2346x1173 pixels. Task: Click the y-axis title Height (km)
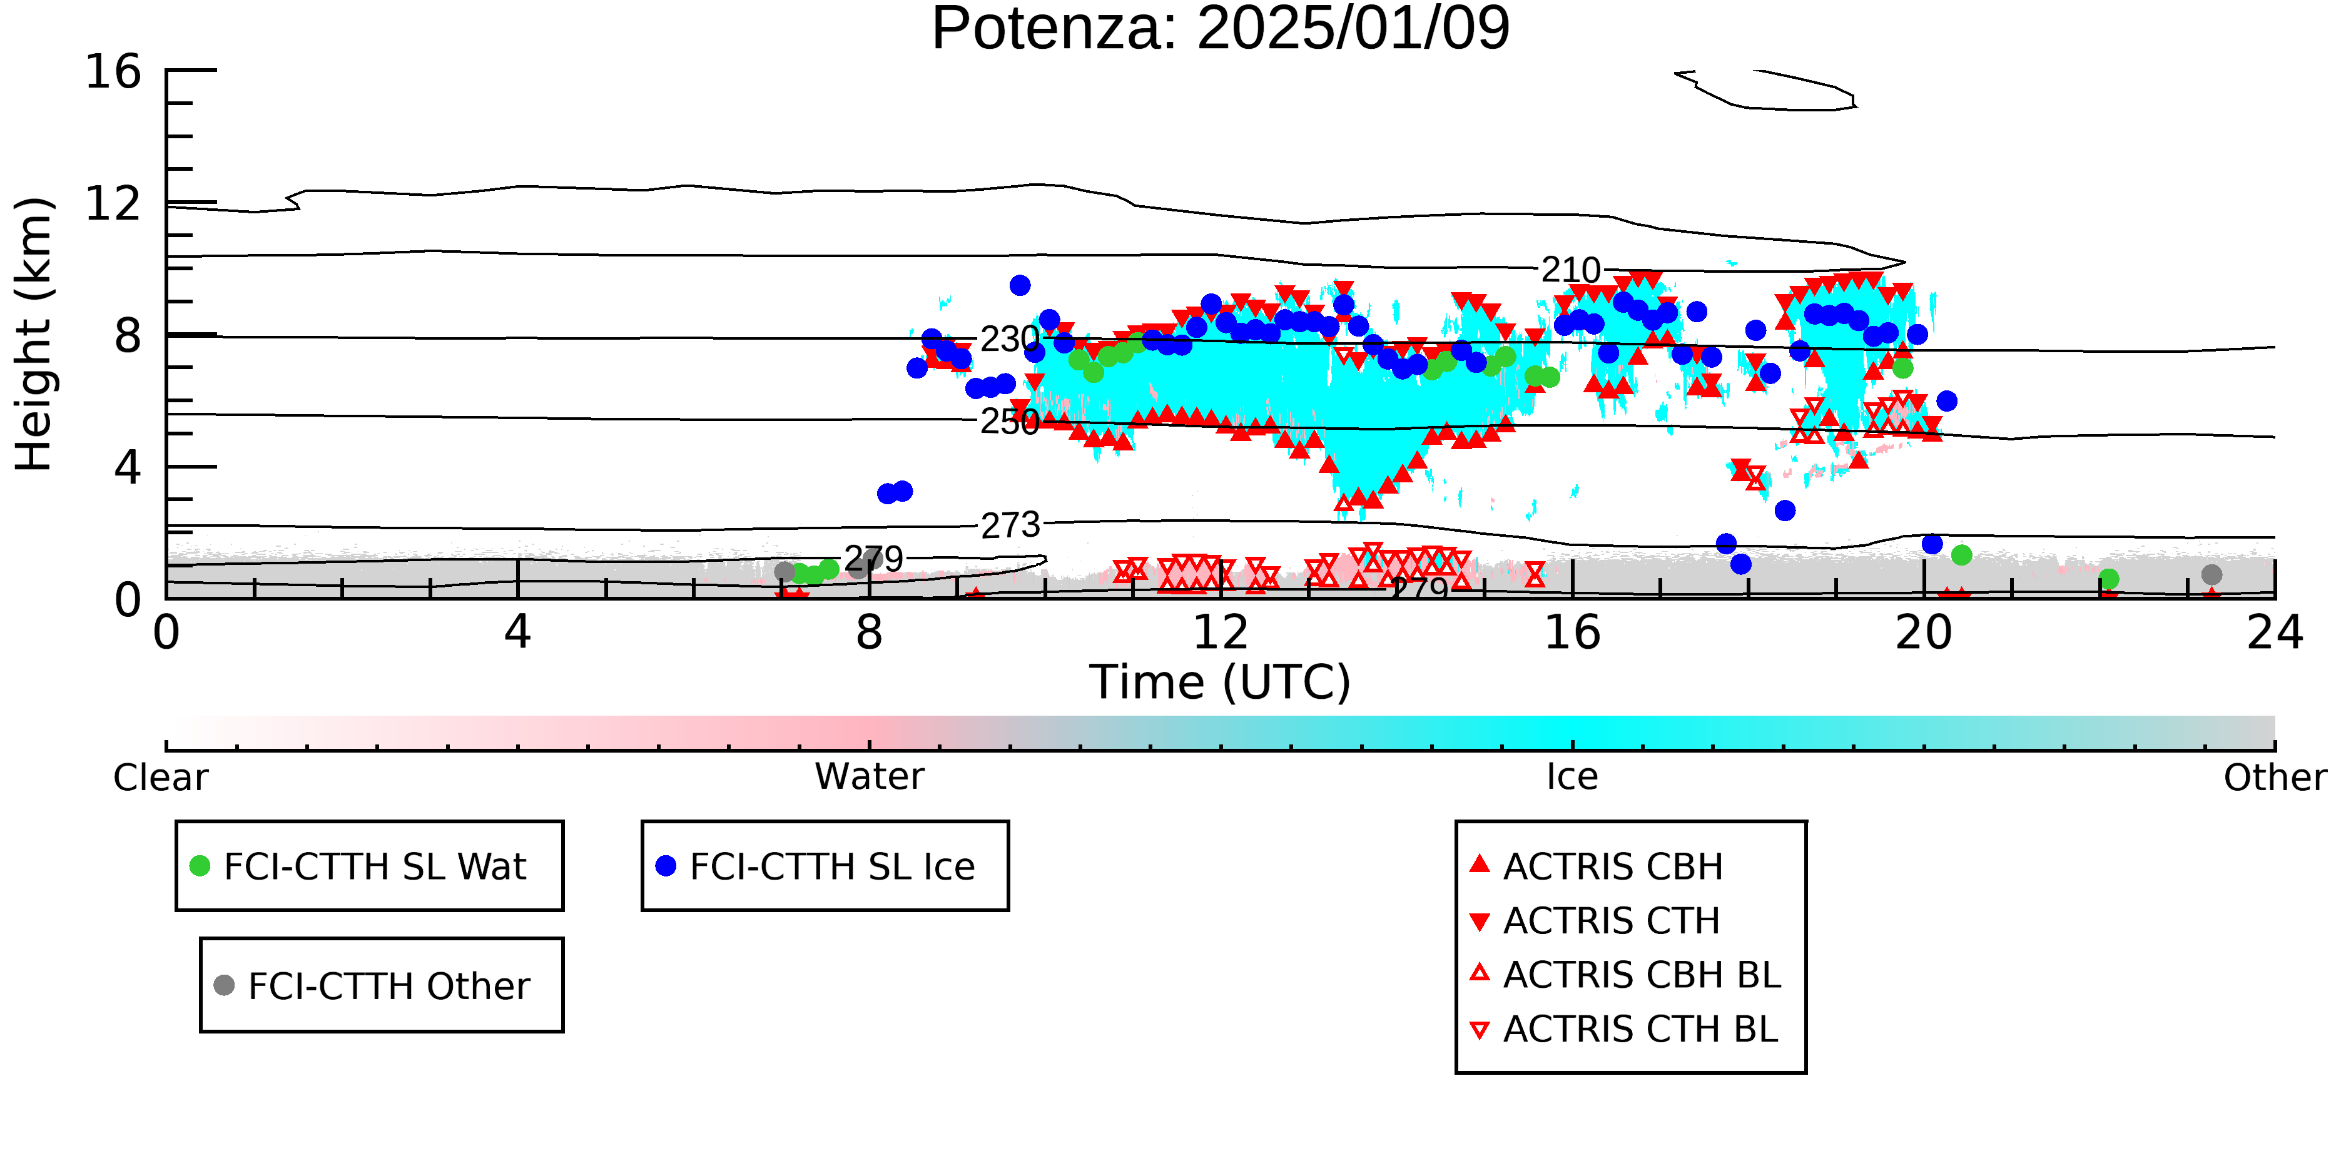(x=34, y=334)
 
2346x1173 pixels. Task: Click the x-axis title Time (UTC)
(x=1221, y=682)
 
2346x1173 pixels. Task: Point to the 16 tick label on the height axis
(x=113, y=71)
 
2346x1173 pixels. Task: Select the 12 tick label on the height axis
(x=113, y=203)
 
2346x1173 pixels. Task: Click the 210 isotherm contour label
(x=1571, y=270)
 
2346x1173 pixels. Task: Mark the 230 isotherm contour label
(x=1010, y=340)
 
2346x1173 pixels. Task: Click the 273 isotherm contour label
(x=1010, y=526)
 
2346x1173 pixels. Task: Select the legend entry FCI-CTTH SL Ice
(x=815, y=866)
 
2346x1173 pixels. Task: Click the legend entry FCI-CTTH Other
(x=372, y=985)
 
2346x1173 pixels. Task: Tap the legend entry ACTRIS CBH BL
(x=1626, y=975)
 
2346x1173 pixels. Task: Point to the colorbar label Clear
(x=160, y=778)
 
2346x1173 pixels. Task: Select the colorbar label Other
(x=2275, y=778)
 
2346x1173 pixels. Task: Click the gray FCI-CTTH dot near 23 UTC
(x=2211, y=575)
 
